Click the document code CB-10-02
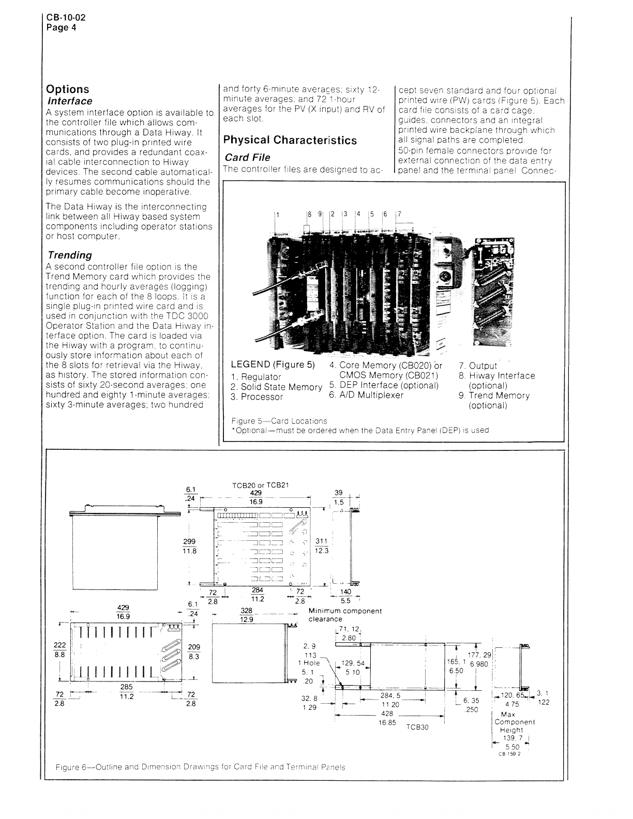66,17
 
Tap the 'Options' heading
68,89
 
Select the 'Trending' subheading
70,255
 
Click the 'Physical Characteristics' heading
290,140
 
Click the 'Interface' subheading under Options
70,101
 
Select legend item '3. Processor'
257,397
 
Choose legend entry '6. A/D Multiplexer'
366,395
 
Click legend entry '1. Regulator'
256,377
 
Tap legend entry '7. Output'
478,366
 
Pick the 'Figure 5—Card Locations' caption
279,421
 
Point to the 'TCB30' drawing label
418,726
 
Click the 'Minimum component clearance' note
345,615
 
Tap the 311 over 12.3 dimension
321,545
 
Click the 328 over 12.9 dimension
246,615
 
